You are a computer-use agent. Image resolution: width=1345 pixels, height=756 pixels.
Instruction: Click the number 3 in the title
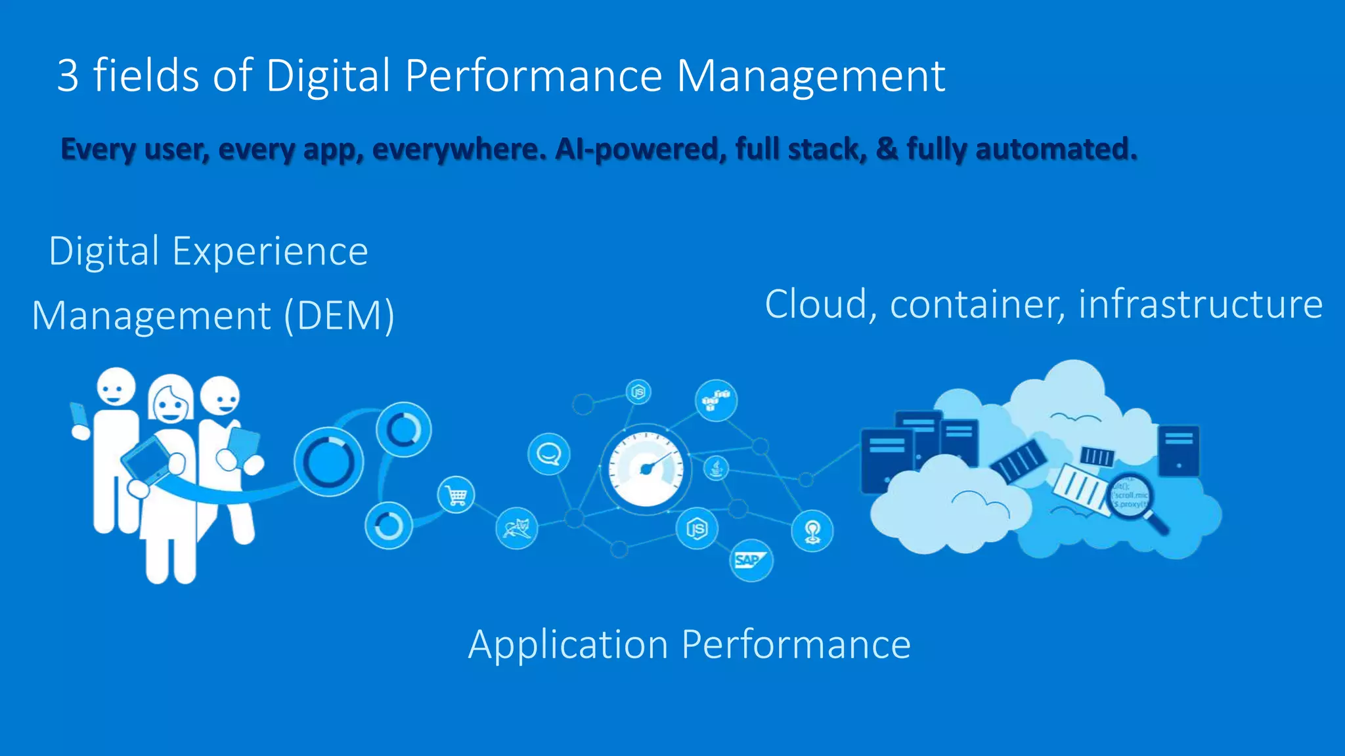pyautogui.click(x=68, y=75)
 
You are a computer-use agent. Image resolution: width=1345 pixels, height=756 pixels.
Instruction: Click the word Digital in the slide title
pyautogui.click(x=328, y=75)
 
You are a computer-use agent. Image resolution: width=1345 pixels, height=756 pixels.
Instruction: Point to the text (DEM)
pyautogui.click(x=340, y=316)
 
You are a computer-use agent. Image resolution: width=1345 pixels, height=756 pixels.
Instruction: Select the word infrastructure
pyautogui.click(x=1201, y=304)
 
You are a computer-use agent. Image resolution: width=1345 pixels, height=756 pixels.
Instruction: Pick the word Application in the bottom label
pyautogui.click(x=567, y=644)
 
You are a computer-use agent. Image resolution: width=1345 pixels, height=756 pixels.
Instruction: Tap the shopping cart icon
pyautogui.click(x=456, y=495)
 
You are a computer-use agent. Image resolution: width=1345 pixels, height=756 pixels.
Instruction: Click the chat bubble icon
pyautogui.click(x=549, y=454)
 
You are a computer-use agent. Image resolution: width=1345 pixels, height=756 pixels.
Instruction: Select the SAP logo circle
pyautogui.click(x=751, y=560)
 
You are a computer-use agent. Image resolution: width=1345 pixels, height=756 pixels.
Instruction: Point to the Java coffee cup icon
pyautogui.click(x=717, y=469)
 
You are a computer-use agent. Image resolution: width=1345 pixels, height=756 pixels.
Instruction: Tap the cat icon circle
pyautogui.click(x=517, y=528)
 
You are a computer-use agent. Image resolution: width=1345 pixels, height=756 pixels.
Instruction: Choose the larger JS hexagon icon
pyautogui.click(x=697, y=528)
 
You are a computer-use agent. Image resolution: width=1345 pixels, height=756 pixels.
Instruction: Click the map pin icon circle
pyautogui.click(x=812, y=531)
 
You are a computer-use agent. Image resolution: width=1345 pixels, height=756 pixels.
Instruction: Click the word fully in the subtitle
pyautogui.click(x=937, y=149)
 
